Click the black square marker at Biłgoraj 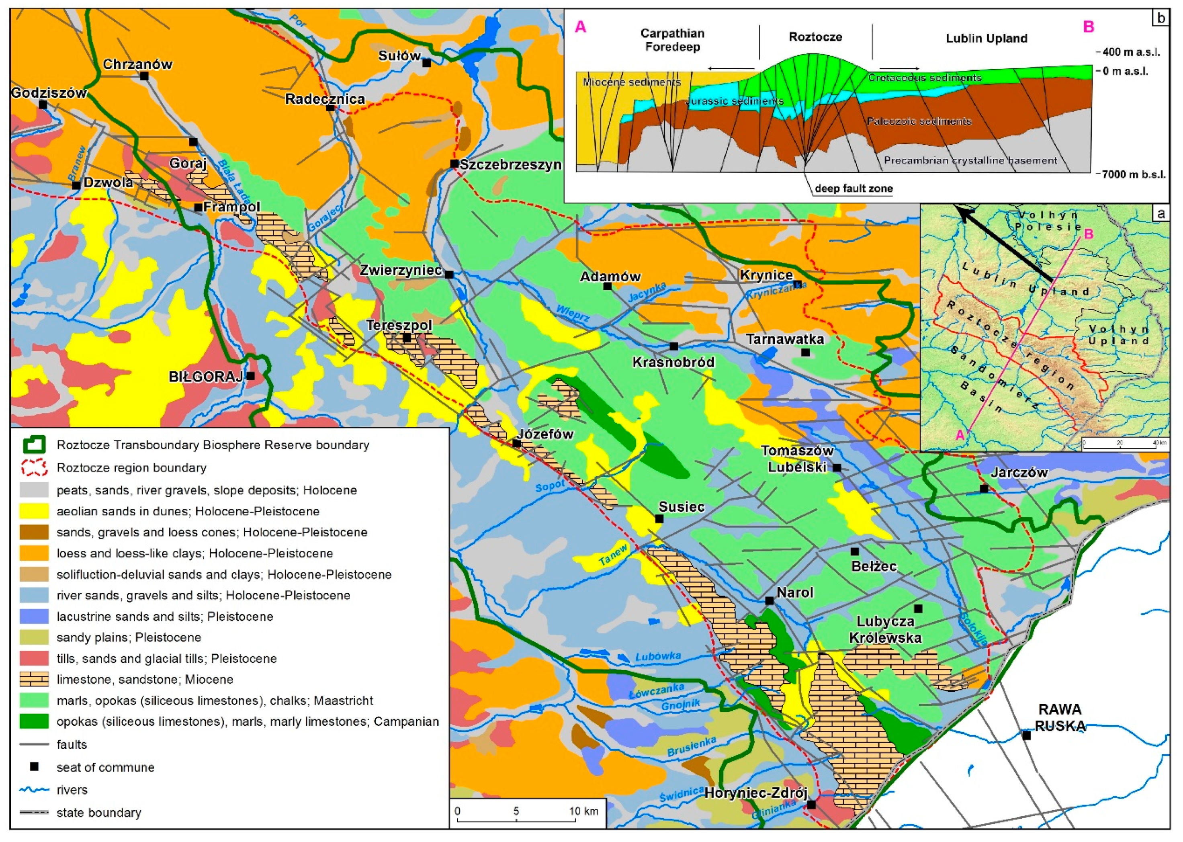click(x=250, y=376)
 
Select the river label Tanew click(x=613, y=555)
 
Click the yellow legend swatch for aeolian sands click(x=34, y=511)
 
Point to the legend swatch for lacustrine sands click(x=34, y=617)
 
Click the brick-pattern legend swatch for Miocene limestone click(x=34, y=679)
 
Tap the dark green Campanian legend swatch click(x=34, y=721)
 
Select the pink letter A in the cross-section click(x=581, y=27)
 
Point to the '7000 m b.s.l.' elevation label click(x=1133, y=174)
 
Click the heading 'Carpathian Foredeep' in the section click(x=672, y=40)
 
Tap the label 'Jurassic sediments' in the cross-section click(x=735, y=101)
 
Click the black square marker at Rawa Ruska click(x=1026, y=735)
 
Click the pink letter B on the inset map click(x=1089, y=234)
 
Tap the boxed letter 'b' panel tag click(x=1161, y=18)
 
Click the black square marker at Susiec click(x=659, y=518)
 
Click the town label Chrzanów click(x=137, y=64)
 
